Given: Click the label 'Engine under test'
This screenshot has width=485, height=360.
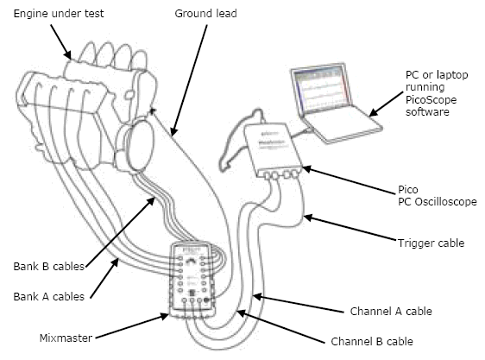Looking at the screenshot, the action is click(59, 14).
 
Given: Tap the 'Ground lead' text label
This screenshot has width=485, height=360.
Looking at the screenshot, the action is click(205, 14).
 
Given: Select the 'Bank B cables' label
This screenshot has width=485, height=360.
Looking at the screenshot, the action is click(49, 267).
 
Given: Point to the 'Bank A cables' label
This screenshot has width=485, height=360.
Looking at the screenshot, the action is click(49, 296).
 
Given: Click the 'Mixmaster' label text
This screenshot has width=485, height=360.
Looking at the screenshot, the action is click(66, 338).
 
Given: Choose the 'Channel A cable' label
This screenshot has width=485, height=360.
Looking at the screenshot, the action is click(391, 311).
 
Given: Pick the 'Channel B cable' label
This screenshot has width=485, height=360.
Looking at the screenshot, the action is click(372, 341).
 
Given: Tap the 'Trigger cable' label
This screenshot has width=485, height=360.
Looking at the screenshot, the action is click(431, 243).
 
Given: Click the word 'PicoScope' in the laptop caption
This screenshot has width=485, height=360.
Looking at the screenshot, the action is click(431, 99).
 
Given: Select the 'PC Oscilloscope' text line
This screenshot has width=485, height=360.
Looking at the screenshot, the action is click(438, 202).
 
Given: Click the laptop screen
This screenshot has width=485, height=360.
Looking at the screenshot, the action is click(323, 90).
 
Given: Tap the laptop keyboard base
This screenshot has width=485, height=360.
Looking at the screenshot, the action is click(344, 124).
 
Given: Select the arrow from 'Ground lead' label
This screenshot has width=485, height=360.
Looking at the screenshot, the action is click(189, 80).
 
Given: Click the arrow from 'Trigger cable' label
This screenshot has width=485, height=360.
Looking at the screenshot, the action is click(350, 228).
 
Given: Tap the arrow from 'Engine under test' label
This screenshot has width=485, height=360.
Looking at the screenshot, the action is click(61, 41).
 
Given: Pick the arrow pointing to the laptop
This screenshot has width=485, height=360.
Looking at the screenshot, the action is click(387, 104).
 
